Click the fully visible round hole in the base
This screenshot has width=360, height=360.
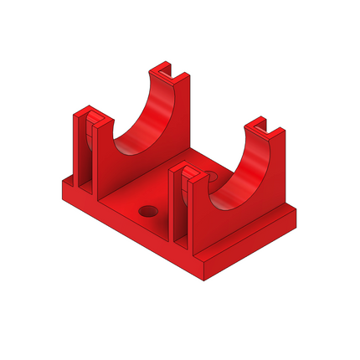pos(150,209)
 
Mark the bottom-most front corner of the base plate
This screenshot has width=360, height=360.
pos(203,278)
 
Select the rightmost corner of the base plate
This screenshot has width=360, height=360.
pos(299,219)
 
